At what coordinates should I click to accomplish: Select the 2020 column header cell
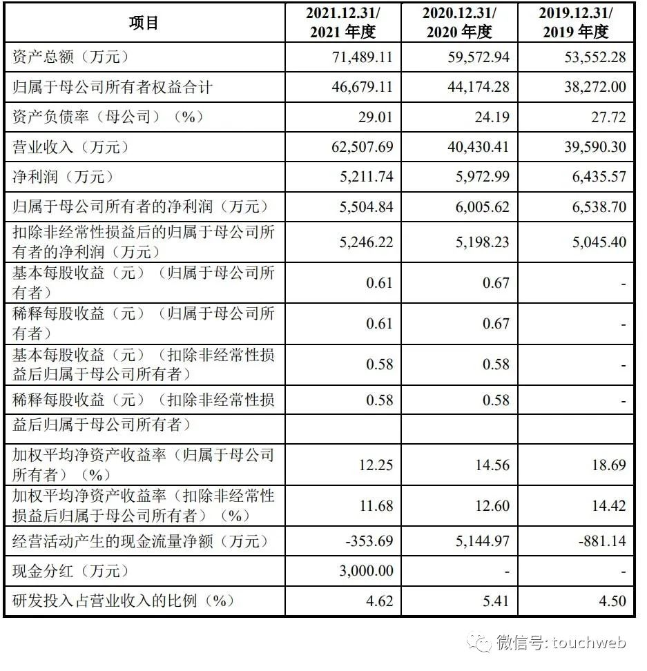point(458,23)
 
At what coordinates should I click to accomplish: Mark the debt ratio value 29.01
point(376,117)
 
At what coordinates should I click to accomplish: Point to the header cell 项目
point(144,23)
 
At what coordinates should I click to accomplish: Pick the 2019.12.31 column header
point(575,23)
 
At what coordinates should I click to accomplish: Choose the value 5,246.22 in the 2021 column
point(363,241)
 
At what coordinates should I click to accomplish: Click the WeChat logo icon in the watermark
point(479,643)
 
